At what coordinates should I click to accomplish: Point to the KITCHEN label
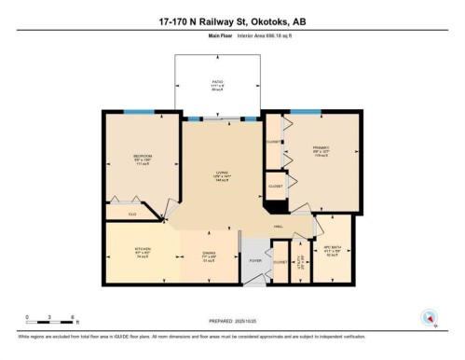130,250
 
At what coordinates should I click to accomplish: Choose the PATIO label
216,83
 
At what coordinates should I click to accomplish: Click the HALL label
279,226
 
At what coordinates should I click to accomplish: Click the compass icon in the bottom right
429,317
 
